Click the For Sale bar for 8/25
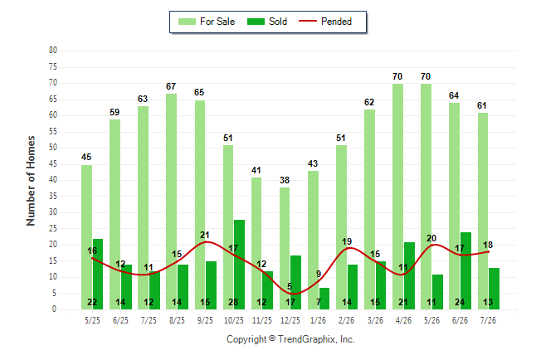click(171, 202)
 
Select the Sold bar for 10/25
click(239, 265)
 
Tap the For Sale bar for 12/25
click(285, 248)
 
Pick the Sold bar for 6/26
click(465, 270)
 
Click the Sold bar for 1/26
click(324, 299)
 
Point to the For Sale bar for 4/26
click(397, 197)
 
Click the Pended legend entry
click(325, 22)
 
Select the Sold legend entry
click(267, 22)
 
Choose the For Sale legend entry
click(207, 22)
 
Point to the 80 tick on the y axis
click(53, 51)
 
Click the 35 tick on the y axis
click(53, 197)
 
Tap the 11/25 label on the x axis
click(262, 320)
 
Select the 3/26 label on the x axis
click(375, 320)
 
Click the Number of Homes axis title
click(31, 181)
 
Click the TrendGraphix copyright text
click(290, 339)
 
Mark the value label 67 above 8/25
click(171, 86)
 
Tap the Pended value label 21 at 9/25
click(205, 235)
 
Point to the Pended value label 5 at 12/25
click(290, 286)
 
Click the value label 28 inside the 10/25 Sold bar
click(233, 302)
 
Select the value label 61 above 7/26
click(482, 105)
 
